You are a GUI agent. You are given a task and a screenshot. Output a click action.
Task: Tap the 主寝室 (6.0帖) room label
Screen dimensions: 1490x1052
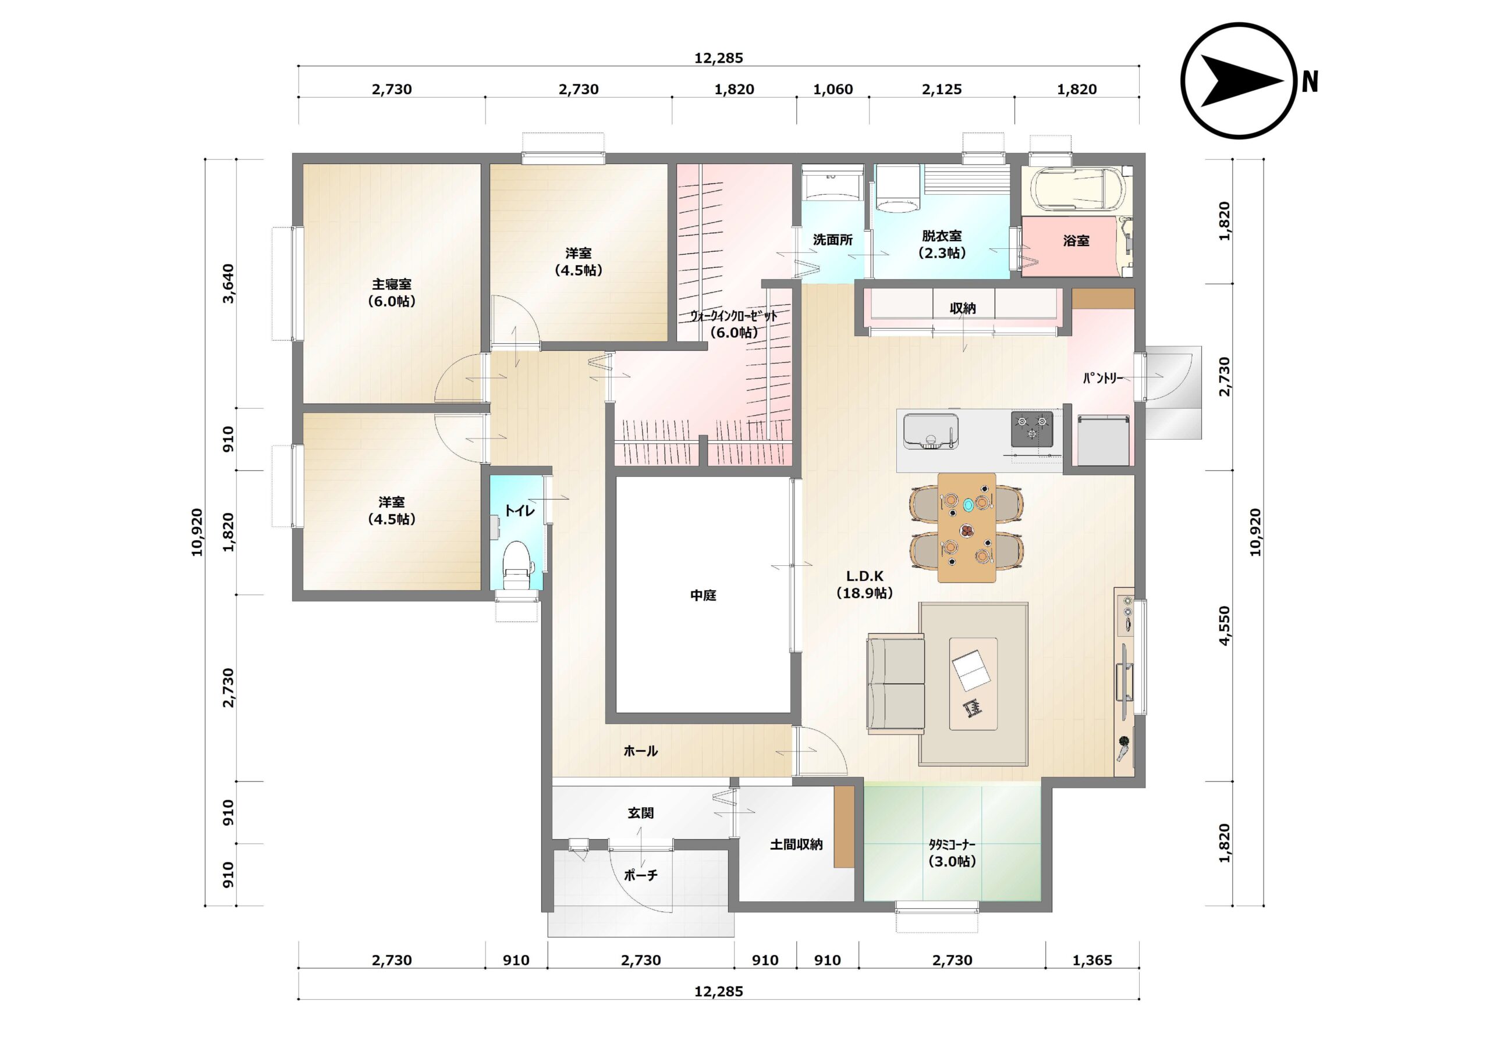coord(391,293)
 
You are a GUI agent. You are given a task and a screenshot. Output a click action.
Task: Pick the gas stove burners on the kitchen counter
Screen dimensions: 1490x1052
coord(1032,429)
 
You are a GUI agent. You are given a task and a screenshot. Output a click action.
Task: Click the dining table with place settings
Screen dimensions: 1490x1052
coord(966,527)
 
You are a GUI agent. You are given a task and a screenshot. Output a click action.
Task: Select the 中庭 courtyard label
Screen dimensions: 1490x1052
coord(703,595)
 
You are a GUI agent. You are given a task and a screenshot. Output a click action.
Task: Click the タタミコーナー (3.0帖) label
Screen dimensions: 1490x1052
coord(952,853)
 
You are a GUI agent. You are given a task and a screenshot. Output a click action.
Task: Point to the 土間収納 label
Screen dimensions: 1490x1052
coord(796,844)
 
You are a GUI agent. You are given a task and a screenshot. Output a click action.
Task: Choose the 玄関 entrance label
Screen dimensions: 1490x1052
coord(640,812)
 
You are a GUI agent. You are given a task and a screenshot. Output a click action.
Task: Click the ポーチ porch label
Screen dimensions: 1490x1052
coord(640,875)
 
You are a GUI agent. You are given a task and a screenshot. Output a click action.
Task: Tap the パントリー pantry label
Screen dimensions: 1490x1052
coord(1102,377)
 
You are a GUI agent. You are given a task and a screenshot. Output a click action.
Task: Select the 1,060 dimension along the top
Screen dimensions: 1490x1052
coord(833,90)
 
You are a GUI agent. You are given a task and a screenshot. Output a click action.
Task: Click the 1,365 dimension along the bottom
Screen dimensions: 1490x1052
coord(1092,960)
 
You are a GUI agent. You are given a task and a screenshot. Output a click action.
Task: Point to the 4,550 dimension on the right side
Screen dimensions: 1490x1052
coord(1224,625)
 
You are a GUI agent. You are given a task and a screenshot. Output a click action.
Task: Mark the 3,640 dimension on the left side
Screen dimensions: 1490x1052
coord(228,283)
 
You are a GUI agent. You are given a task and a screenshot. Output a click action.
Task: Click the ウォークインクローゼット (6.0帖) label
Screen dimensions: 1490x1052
coord(733,324)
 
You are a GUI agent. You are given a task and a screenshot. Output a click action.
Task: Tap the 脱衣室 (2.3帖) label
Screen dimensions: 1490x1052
coord(942,244)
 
